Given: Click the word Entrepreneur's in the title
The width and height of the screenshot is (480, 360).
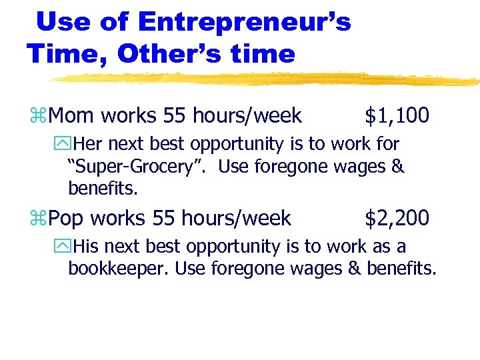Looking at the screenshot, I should pyautogui.click(x=244, y=23).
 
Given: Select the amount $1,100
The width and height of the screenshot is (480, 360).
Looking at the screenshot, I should pyautogui.click(x=397, y=117).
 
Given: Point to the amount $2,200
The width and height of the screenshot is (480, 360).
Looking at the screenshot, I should pyautogui.click(x=397, y=217).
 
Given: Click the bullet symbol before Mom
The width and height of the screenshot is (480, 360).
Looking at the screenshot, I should pyautogui.click(x=41, y=117).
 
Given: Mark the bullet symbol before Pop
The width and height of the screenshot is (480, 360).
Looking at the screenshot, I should pyautogui.click(x=41, y=218).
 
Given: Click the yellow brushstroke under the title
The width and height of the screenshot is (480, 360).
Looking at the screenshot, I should pyautogui.click(x=267, y=79).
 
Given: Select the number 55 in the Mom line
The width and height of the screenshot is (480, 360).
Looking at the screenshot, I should pyautogui.click(x=175, y=117).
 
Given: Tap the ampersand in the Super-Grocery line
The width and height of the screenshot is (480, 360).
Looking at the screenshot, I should pyautogui.click(x=397, y=166).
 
